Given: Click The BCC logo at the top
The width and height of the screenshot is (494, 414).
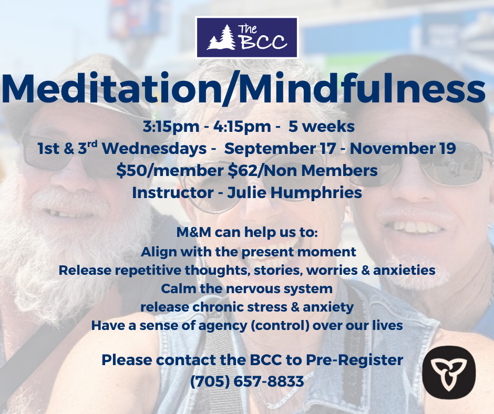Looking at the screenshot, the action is pos(246,37).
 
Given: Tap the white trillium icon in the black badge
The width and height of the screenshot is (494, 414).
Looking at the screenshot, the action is pos(449,372).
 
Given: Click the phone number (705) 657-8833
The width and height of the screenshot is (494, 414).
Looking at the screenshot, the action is pos(247,381).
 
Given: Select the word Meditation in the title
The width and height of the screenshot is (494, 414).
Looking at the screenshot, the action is pos(111,89).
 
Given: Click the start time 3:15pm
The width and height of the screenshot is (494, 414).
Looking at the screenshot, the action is pos(171,127).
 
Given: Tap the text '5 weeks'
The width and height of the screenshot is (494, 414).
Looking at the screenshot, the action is pos(321,127).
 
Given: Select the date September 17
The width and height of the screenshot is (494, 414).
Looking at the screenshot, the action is pos(280,149).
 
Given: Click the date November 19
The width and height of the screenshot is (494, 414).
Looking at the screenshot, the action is pos(403,148).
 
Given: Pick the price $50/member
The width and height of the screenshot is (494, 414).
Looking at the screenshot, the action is pos(170,171).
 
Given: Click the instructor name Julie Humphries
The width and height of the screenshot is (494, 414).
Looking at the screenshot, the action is pos(295,193).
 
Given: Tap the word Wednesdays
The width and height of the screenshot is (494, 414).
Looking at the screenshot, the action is pos(154,149).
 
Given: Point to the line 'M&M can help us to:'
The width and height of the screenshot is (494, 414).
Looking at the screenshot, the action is pos(247,232).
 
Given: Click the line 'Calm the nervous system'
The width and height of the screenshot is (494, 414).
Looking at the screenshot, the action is pos(246,288).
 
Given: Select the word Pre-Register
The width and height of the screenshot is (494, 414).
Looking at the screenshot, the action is pos(354,360).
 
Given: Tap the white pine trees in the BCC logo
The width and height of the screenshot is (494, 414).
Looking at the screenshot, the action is pos(221,37).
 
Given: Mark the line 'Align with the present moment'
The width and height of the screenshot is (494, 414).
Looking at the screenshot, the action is pos(248,252).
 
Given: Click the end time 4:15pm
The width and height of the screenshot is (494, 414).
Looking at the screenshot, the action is pos(242,127).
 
